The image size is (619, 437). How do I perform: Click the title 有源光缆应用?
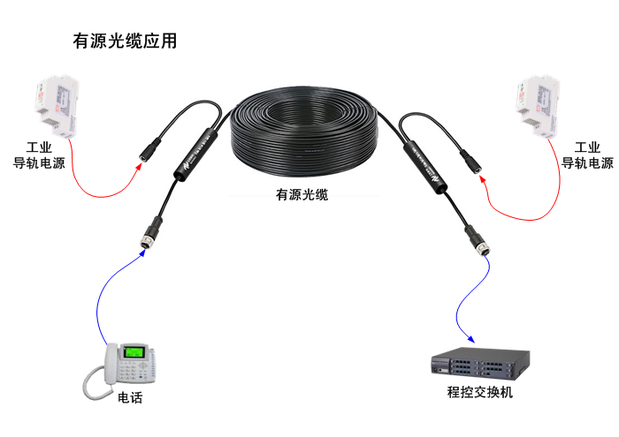[x=124, y=41]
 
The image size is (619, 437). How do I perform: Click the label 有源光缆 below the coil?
[x=302, y=194]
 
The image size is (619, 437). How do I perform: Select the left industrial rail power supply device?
[x=53, y=104]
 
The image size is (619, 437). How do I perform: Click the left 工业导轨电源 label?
[x=39, y=155]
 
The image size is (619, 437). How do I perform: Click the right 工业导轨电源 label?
[x=587, y=155]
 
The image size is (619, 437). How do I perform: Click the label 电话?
[x=130, y=398]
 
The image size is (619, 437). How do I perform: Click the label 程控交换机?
[x=480, y=394]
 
